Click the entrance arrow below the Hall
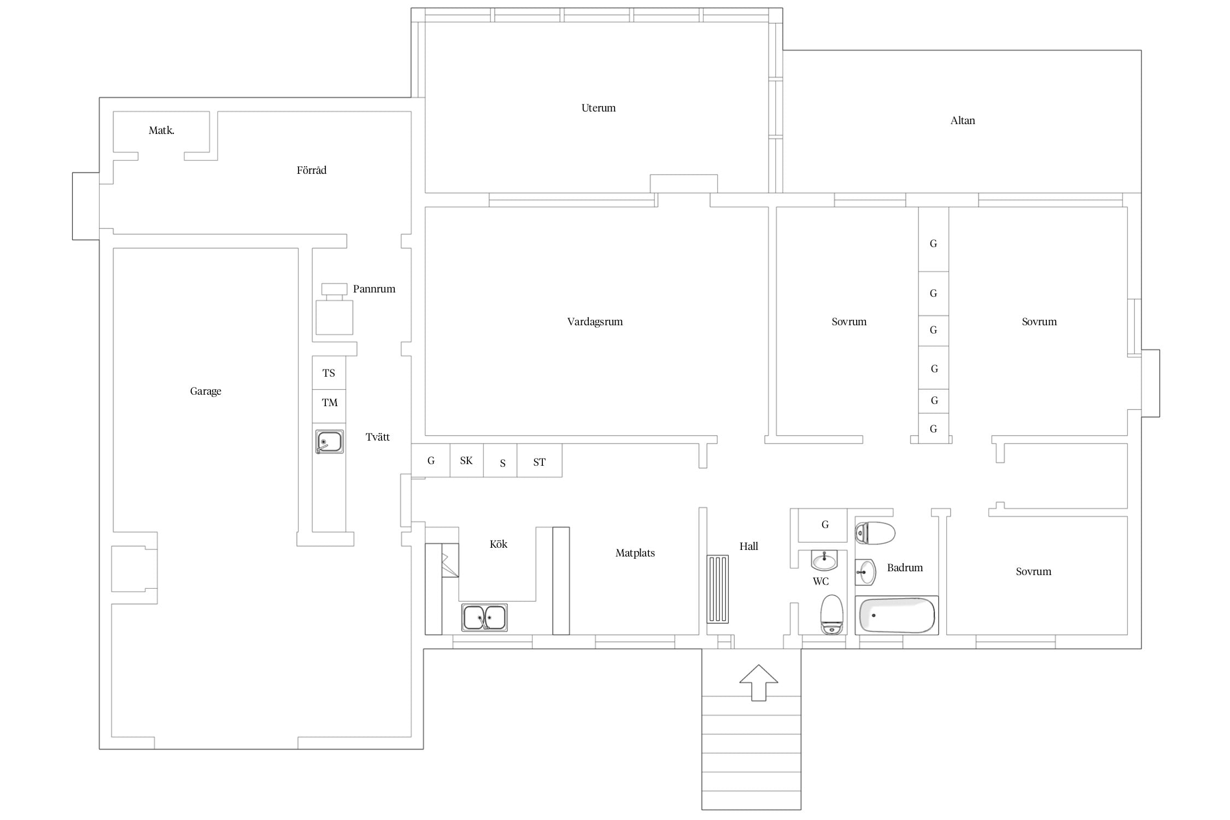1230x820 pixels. coord(758,683)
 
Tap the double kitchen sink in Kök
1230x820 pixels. coord(484,617)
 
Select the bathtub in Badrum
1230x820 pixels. coord(897,616)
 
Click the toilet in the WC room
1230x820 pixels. coord(832,614)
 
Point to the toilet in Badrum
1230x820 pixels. coord(875,533)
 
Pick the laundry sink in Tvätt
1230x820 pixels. coord(329,442)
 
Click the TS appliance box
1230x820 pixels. coord(329,373)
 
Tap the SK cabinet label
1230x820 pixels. coord(466,461)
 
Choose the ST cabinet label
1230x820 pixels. coord(539,462)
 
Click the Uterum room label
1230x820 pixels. coord(599,108)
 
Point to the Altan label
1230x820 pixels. coord(963,120)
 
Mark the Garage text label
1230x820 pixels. coord(206,391)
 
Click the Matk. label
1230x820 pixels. coord(162,130)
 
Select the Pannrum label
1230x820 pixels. coord(374,289)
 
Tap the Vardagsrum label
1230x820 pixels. coord(595,322)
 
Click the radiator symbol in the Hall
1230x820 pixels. coord(718,589)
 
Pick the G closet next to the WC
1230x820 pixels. coord(822,525)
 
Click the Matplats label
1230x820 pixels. coord(635,553)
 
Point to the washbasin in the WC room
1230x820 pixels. coord(824,560)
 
